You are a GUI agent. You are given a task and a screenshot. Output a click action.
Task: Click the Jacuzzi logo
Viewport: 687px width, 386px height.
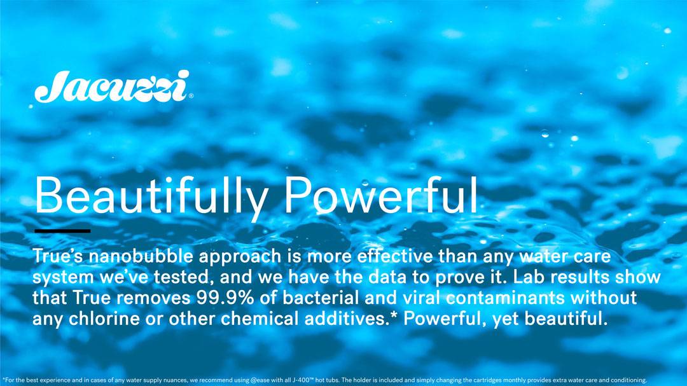[x=113, y=86]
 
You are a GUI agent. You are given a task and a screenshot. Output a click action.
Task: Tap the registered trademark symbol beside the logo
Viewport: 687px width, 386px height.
[x=191, y=96]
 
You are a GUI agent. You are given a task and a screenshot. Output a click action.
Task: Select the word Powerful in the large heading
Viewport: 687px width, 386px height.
[x=381, y=195]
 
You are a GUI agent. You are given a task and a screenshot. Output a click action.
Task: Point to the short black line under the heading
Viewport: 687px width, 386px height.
[x=62, y=230]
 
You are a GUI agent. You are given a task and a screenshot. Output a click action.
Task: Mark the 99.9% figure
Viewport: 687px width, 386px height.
[x=225, y=298]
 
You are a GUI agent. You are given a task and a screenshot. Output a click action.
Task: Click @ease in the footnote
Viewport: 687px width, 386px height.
[x=260, y=380]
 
